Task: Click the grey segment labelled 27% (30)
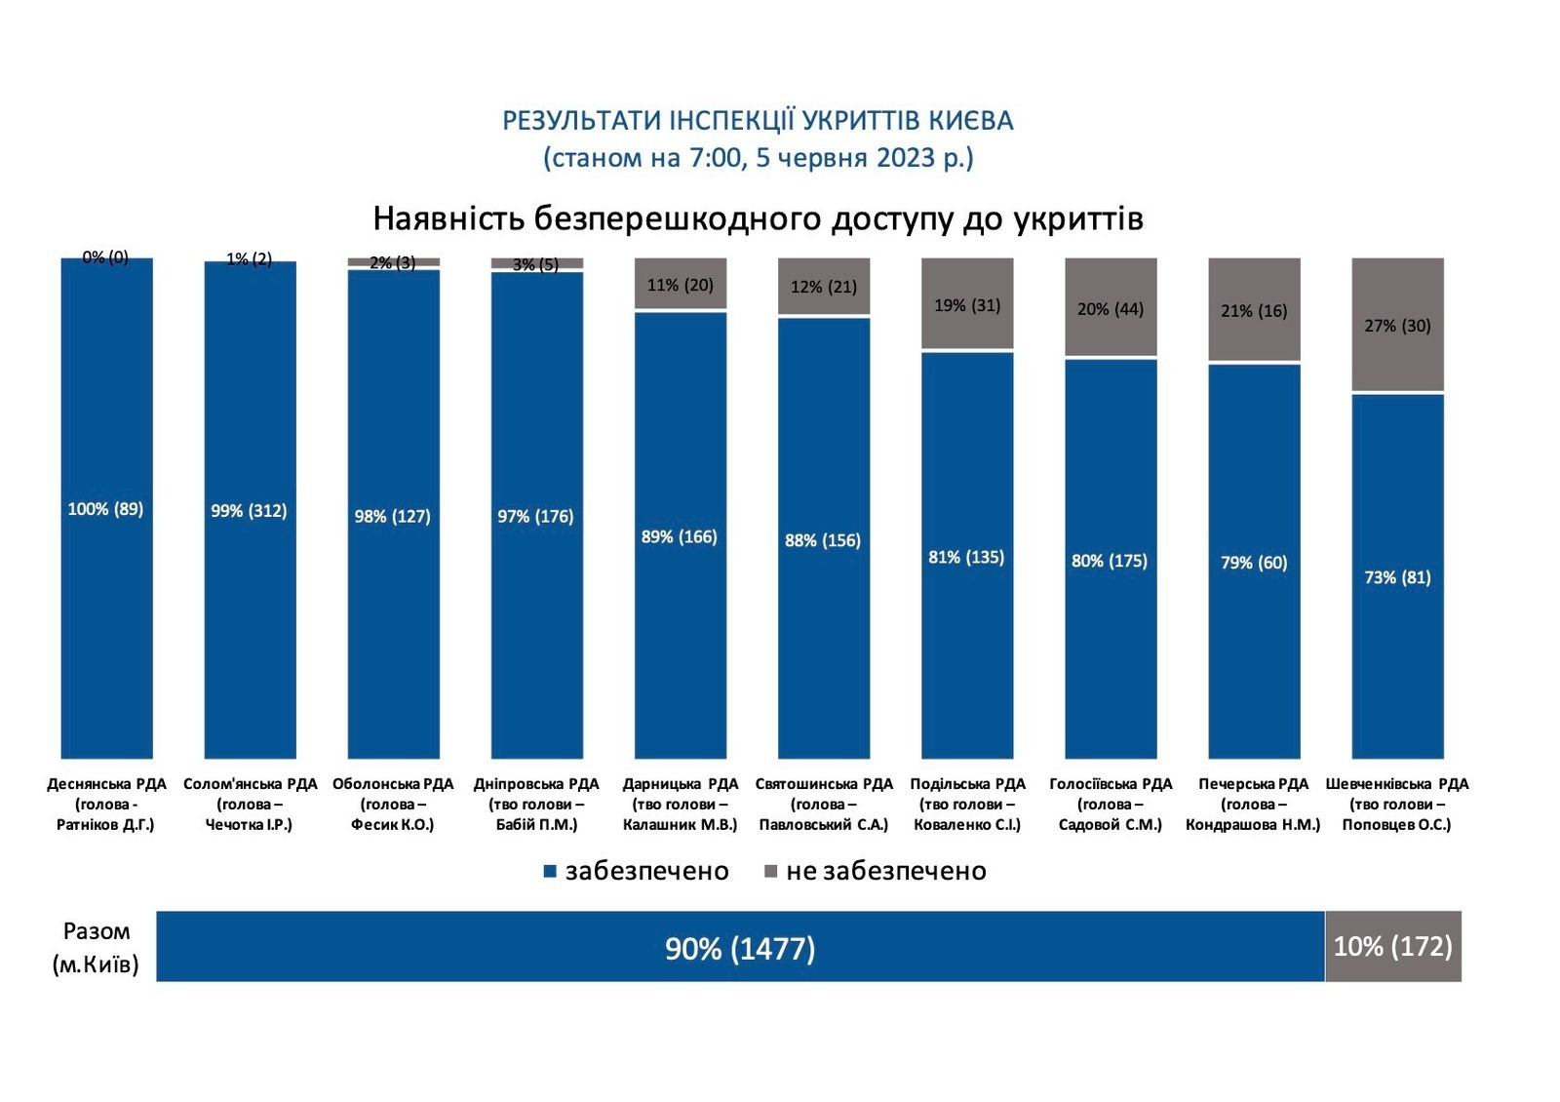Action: tap(1397, 325)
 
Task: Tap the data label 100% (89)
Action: tap(105, 509)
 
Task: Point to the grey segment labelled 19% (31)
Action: tap(967, 304)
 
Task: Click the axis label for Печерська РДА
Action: tap(1253, 804)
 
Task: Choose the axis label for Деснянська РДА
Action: tap(106, 804)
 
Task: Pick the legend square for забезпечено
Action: tap(550, 871)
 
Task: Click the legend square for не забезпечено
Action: tap(770, 871)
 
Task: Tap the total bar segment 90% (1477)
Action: tap(740, 947)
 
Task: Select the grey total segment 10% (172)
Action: tap(1392, 946)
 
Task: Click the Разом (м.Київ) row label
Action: tap(96, 947)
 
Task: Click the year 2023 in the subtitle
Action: tap(906, 158)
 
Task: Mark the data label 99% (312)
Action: tap(249, 511)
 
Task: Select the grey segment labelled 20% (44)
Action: tap(1111, 308)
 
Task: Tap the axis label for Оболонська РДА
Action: tap(393, 804)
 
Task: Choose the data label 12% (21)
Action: tap(824, 287)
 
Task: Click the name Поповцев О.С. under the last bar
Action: tap(1396, 825)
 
